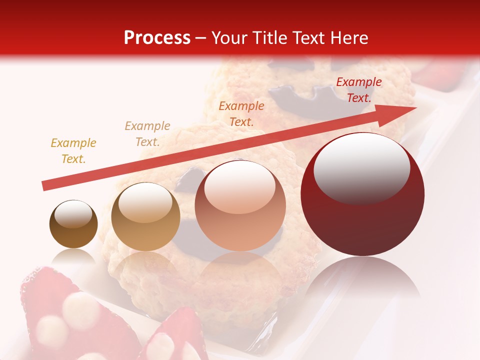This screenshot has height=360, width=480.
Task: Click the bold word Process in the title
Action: tap(157, 38)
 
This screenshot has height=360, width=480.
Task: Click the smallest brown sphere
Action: tap(73, 224)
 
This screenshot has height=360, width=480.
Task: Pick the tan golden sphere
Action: tap(145, 217)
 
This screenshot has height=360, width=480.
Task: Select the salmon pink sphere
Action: tap(240, 205)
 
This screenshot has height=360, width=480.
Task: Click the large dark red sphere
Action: tap(362, 194)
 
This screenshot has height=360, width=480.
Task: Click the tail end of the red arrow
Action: tap(44, 186)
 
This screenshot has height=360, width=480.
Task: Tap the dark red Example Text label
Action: tap(358, 90)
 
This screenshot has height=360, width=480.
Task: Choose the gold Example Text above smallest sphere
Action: tap(73, 151)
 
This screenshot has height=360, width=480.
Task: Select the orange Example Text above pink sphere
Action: tap(241, 113)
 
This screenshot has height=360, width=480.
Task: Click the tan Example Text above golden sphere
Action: tap(147, 133)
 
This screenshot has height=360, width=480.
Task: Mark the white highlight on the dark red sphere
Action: tap(361, 167)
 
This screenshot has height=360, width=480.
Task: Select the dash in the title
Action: tap(200, 38)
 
